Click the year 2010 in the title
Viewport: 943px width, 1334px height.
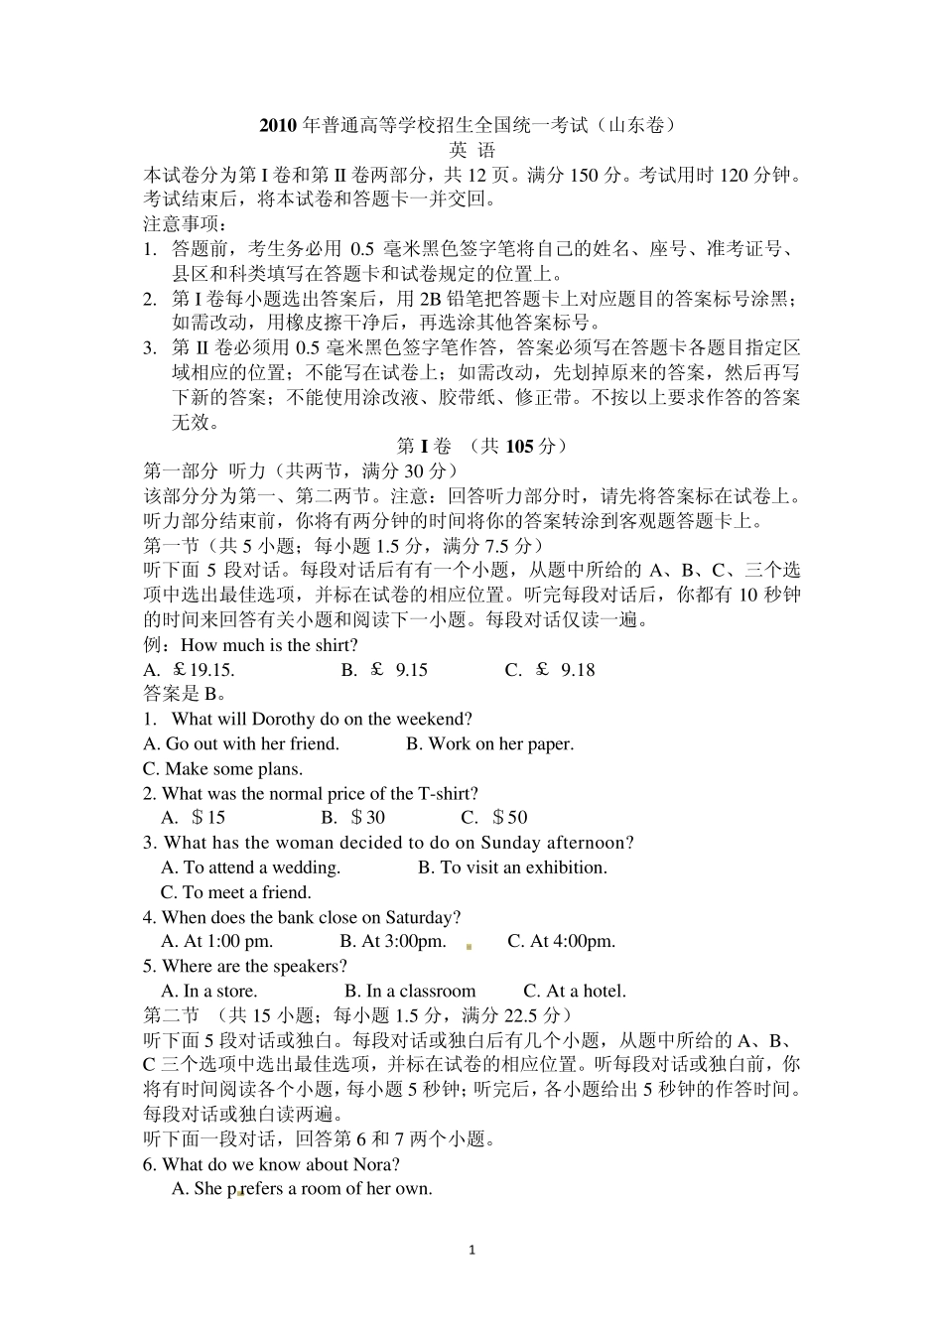click(279, 125)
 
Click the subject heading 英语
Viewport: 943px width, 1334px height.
click(471, 150)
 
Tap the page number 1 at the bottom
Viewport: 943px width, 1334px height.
click(471, 1250)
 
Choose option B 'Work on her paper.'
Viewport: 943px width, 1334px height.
click(489, 743)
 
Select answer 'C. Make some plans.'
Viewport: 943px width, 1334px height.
click(223, 768)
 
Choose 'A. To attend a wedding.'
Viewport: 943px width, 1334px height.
click(250, 867)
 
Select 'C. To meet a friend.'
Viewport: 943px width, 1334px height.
click(236, 892)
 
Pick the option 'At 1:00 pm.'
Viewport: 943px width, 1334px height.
click(227, 941)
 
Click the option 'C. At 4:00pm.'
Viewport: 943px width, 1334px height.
click(561, 941)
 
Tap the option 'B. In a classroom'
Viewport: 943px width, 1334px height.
click(410, 991)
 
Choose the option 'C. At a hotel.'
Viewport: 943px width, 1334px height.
click(575, 991)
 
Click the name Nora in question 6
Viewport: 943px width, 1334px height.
click(379, 1164)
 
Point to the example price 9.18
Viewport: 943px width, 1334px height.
click(578, 670)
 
